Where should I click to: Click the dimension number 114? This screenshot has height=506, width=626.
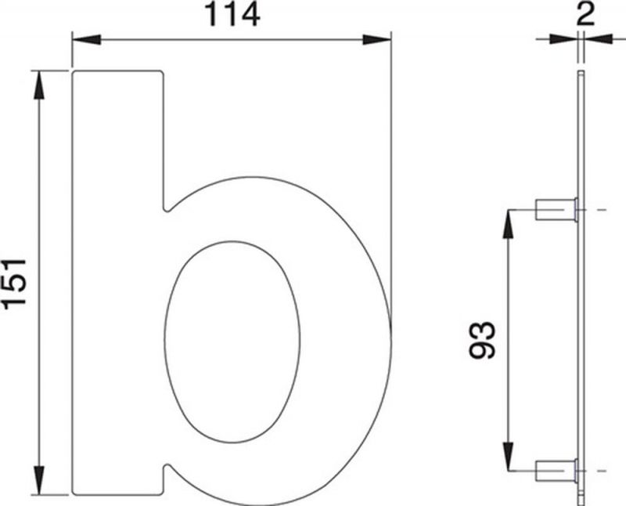[x=232, y=15]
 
